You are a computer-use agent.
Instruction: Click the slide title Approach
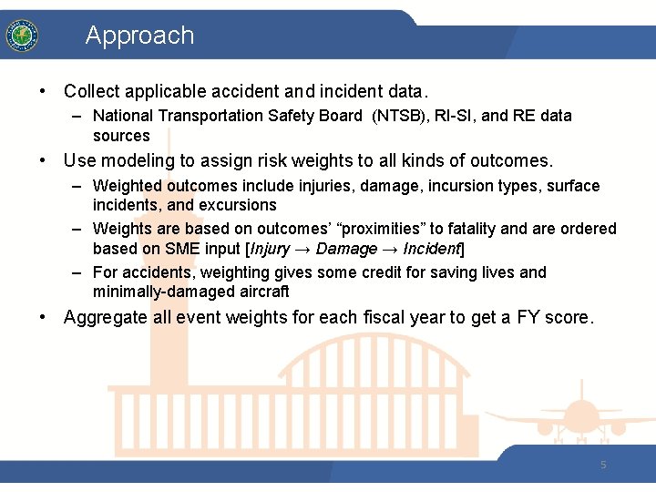tap(139, 36)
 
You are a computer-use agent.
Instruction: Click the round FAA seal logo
tap(21, 36)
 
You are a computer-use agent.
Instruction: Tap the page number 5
tap(603, 465)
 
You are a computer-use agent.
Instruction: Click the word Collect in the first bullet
tap(93, 91)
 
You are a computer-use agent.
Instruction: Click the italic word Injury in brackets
tap(271, 250)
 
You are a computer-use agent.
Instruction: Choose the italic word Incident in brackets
tap(433, 250)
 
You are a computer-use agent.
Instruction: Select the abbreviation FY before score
tap(528, 318)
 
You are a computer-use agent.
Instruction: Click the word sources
tap(121, 136)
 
